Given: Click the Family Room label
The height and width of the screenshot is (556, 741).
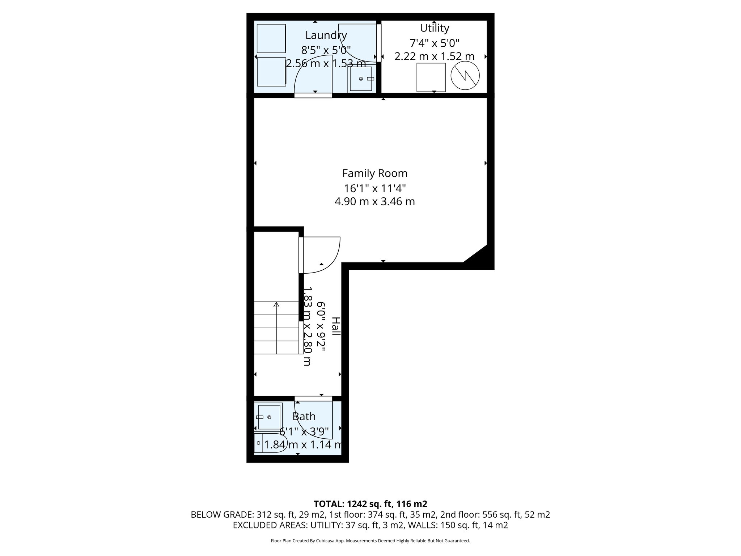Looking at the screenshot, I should tap(374, 173).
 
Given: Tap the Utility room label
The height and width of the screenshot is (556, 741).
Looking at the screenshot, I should tap(434, 28).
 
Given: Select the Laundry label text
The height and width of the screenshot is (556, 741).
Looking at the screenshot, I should tap(326, 35).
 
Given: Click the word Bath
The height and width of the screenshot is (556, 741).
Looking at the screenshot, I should tap(304, 417).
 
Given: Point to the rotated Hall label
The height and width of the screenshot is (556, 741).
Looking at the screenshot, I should tap(336, 326).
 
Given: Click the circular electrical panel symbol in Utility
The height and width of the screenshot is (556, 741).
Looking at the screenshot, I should tap(465, 76).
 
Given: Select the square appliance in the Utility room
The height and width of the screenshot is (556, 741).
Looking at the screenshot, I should tap(431, 77).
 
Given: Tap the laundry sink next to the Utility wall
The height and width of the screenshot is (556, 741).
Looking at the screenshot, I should tap(360, 79).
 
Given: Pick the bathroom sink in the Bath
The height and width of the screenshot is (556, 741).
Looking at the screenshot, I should tap(268, 417).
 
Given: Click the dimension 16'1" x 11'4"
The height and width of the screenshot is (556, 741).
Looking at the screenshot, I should tap(374, 189).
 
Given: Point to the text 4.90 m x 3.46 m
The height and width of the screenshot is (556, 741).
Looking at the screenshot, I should tap(374, 202).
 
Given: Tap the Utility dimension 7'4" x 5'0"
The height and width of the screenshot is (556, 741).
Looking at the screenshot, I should tap(434, 43).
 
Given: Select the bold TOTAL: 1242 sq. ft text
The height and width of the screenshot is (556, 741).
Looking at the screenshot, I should tap(370, 504).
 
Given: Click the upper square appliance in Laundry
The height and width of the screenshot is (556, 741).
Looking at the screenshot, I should tap(271, 38).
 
